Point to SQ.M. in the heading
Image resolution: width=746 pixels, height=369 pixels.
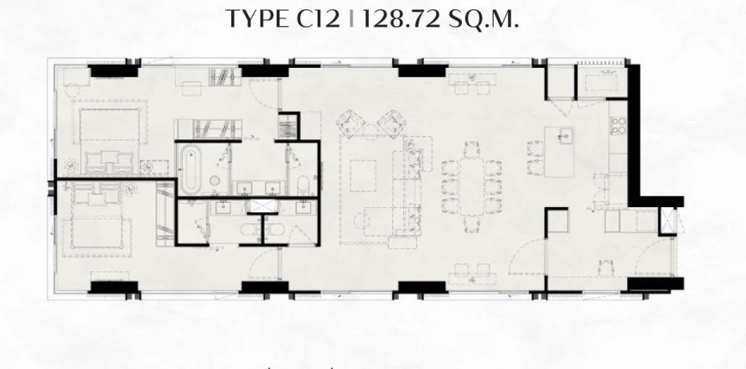[x=484, y=19]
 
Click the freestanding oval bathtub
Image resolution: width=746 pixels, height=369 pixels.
[x=190, y=169]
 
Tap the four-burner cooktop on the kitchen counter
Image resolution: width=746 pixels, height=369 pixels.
[x=619, y=125]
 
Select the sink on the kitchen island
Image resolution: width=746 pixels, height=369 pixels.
[x=565, y=137]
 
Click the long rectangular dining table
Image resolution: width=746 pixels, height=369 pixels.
[x=471, y=187]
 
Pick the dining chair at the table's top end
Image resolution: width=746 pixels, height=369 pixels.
[x=471, y=150]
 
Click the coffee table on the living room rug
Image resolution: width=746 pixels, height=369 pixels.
[x=364, y=175]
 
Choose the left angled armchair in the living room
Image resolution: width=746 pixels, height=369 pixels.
[x=350, y=123]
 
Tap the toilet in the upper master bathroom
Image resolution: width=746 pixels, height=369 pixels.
[x=303, y=184]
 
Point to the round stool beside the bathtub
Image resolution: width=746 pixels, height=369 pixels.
[x=215, y=181]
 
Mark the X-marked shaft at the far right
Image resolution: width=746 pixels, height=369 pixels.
[x=668, y=221]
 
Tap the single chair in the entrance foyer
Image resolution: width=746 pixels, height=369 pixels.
[x=606, y=268]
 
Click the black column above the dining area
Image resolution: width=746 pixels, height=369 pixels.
[x=422, y=71]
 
